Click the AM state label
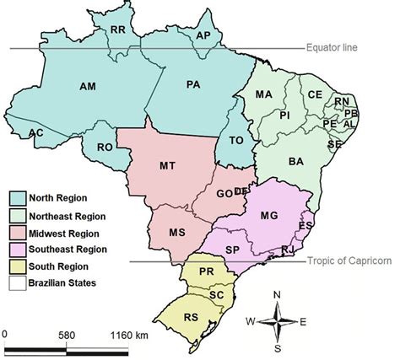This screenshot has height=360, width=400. pos(88,87)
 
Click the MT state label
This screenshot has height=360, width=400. pos(167,167)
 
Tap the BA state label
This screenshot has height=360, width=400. pos(295,161)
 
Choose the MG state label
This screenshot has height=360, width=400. pos(269,216)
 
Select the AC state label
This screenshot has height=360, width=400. pos(35,133)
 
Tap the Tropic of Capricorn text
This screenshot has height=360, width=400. pos(348,261)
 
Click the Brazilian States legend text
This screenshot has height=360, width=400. pos(73,282)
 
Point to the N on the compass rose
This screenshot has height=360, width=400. pos(277,294)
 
